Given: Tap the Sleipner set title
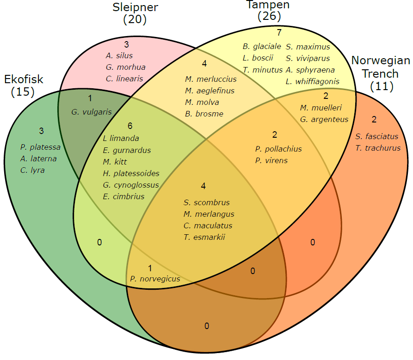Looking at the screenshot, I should pos(136,7).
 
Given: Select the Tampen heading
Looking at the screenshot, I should pos(268,5).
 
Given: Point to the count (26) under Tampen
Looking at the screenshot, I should pos(269,17).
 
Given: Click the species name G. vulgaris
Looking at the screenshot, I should pos(92,111).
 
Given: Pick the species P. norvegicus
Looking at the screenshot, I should pos(155,279).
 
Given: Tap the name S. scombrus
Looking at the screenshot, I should pos(206,202).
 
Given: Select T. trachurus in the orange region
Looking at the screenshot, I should pos(377,148).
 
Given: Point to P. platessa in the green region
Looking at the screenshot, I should pos(40,147).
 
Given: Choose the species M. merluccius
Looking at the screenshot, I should pos(210,79).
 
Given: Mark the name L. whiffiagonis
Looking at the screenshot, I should pos(312,81).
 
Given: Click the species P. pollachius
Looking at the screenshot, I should pos(278,149).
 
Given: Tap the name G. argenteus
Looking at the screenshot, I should pos(324,119).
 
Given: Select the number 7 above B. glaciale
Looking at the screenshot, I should pos(278,33).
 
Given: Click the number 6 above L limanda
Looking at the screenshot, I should pos(130,126).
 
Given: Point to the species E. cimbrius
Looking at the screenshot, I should pos(123,196).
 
